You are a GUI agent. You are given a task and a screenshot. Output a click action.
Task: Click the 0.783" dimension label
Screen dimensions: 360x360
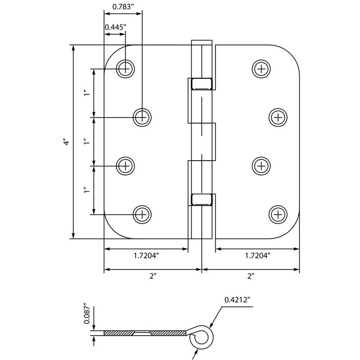[123, 6]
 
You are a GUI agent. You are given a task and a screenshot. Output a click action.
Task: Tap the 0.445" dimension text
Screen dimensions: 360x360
[115, 27]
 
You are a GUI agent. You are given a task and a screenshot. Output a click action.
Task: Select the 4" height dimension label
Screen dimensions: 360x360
[66, 142]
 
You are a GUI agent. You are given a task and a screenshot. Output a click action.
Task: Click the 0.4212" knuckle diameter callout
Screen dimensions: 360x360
[237, 299]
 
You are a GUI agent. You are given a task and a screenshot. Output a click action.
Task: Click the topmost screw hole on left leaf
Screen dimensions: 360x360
[126, 68]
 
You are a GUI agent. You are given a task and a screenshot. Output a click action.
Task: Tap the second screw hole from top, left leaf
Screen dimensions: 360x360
[142, 117]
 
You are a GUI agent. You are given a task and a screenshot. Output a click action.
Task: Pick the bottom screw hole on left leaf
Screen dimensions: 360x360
[142, 213]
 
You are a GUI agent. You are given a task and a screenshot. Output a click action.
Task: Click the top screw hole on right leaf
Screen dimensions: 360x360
[261, 68]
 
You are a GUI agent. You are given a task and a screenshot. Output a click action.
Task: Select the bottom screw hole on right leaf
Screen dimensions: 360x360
[278, 213]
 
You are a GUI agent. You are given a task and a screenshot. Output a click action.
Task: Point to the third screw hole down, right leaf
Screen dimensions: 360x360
[261, 166]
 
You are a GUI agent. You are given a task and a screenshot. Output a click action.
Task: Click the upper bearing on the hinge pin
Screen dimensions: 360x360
[201, 84]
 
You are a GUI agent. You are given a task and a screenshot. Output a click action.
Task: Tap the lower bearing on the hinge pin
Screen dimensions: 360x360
[201, 199]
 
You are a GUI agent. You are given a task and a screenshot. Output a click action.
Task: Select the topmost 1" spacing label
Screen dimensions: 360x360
[85, 93]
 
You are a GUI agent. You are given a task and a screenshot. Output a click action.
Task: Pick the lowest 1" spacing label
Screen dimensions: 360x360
[85, 190]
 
